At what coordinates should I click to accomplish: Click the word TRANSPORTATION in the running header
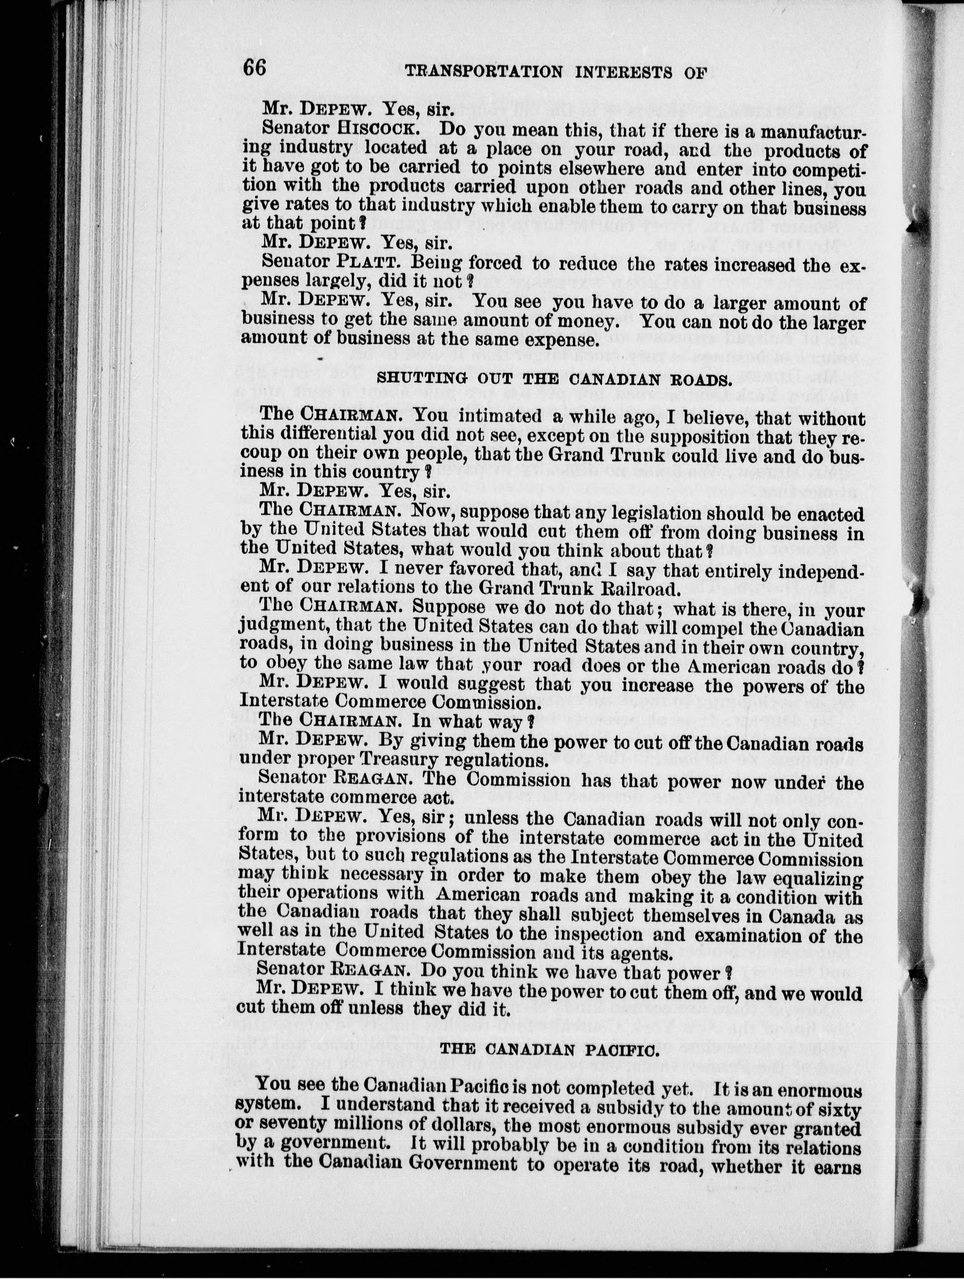point(483,72)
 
